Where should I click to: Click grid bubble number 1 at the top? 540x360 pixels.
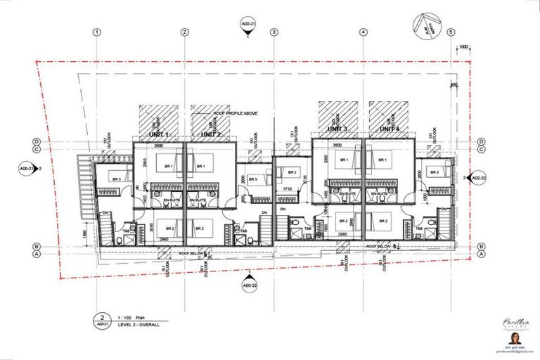[97, 32]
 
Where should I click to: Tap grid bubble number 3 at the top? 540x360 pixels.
[274, 32]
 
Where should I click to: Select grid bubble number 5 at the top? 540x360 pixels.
[451, 32]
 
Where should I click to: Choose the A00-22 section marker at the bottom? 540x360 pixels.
[247, 286]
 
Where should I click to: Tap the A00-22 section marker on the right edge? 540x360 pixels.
[478, 179]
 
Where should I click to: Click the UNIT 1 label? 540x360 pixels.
[159, 134]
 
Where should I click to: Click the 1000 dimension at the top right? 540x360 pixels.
[463, 47]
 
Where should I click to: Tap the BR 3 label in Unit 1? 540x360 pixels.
[117, 179]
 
